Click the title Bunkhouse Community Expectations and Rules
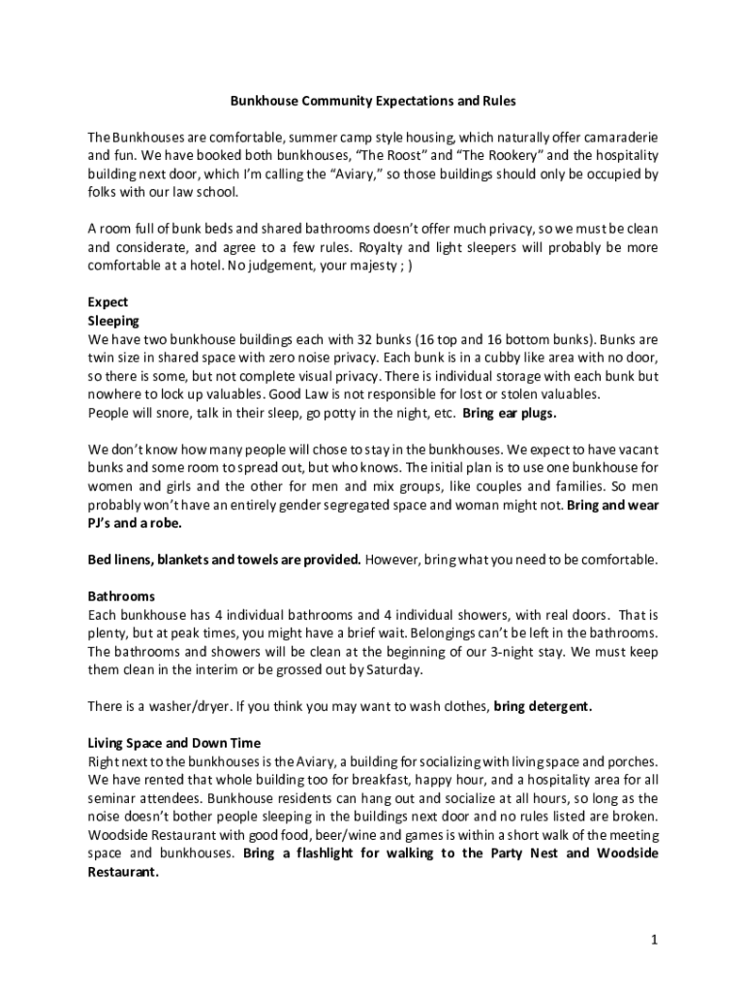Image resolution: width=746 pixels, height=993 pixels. (373, 100)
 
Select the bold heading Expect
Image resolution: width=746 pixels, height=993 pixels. (108, 303)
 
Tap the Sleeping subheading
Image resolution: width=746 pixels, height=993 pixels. (113, 320)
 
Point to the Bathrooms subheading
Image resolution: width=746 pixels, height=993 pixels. (121, 595)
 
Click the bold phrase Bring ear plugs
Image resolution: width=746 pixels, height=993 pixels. (510, 413)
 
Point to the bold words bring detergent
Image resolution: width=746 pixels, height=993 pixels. (543, 706)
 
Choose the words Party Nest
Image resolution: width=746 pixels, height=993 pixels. (522, 853)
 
